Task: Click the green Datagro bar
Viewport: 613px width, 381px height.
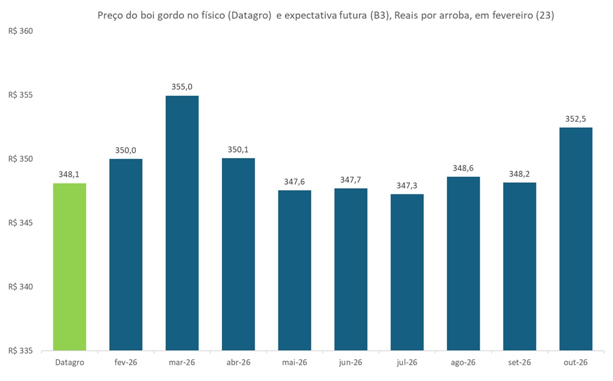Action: (70, 267)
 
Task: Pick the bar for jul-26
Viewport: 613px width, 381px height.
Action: (407, 272)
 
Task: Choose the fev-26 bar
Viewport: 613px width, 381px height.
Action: (126, 254)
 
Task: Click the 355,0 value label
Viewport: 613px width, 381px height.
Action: (182, 87)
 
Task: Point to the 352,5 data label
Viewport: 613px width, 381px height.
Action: (576, 119)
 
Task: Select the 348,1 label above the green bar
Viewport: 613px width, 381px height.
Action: (70, 174)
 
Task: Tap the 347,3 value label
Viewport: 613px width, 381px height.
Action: (407, 185)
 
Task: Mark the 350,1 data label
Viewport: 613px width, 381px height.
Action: (238, 149)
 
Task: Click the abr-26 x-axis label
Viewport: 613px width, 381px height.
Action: (238, 363)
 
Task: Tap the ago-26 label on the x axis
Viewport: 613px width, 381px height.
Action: (463, 363)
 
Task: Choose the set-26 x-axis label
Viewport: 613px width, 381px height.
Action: (520, 363)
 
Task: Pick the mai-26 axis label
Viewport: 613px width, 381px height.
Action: (295, 363)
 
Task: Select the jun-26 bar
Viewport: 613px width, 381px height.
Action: (350, 270)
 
